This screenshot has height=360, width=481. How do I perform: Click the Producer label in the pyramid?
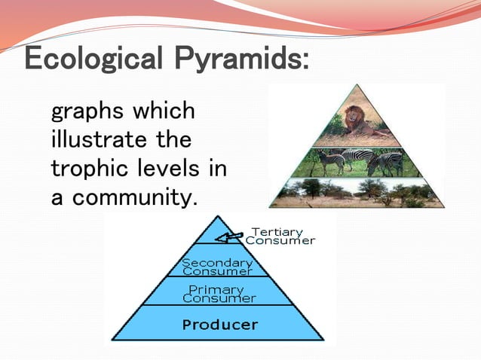219,325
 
